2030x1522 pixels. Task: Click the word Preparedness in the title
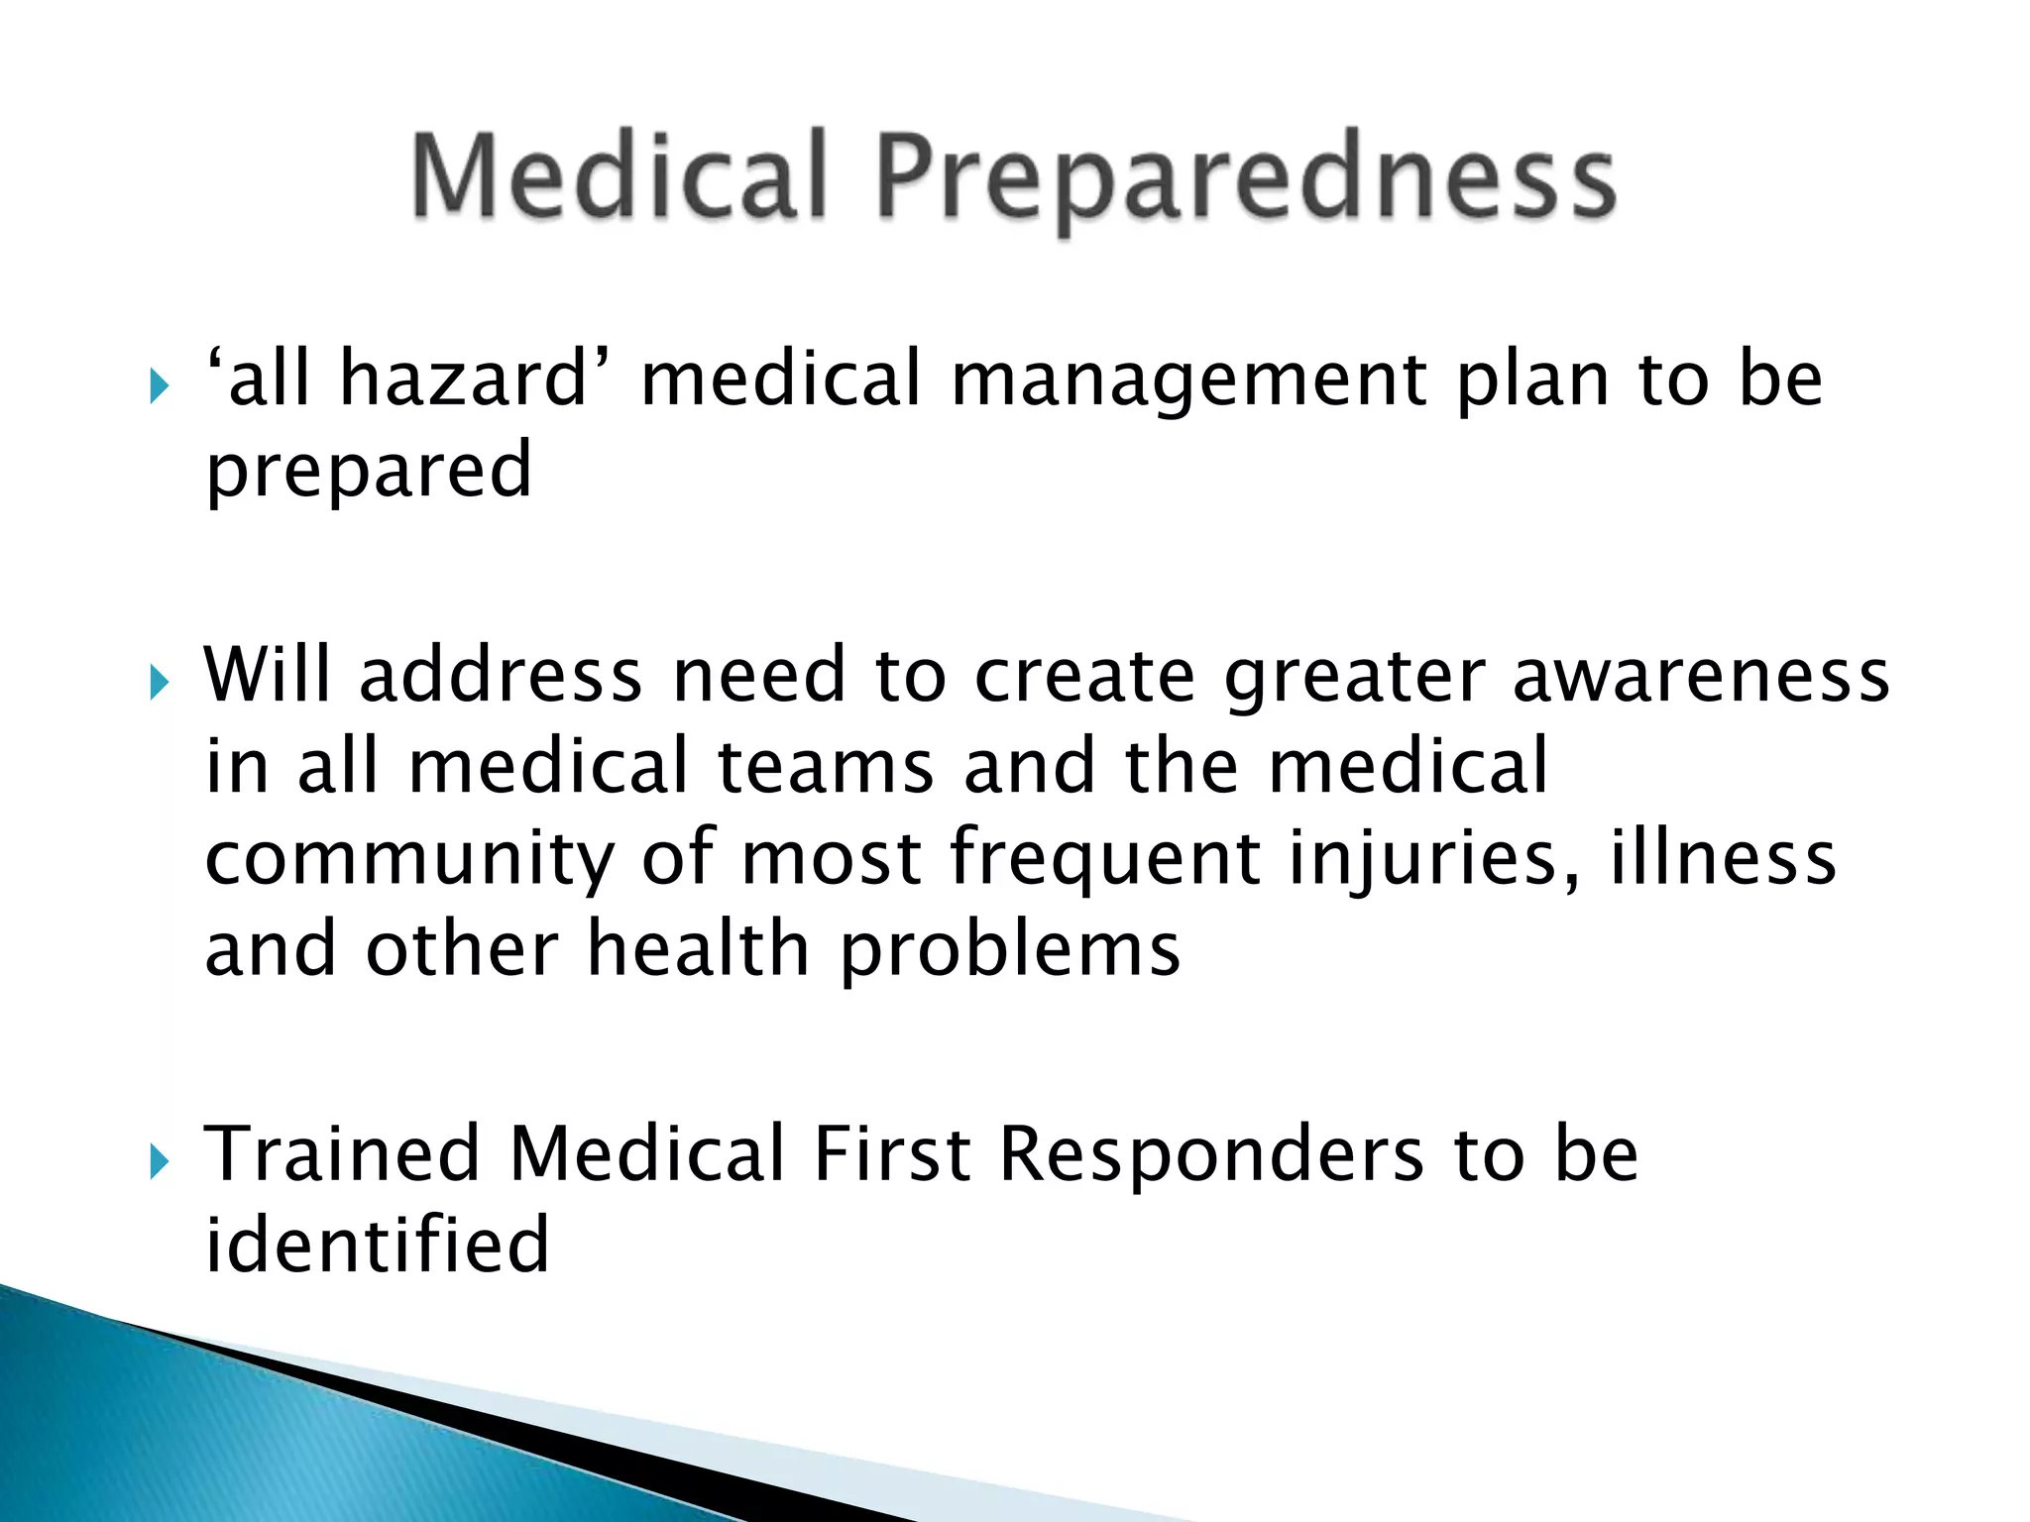(x=1246, y=178)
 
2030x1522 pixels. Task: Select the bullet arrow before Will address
(x=160, y=682)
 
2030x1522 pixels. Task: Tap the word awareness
(x=1701, y=676)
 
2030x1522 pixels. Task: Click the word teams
(x=825, y=767)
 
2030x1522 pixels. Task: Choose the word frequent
(x=1105, y=858)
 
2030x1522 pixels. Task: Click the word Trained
(x=342, y=1154)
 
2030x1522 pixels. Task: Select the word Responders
(x=1211, y=1156)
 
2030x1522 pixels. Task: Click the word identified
(x=377, y=1245)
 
